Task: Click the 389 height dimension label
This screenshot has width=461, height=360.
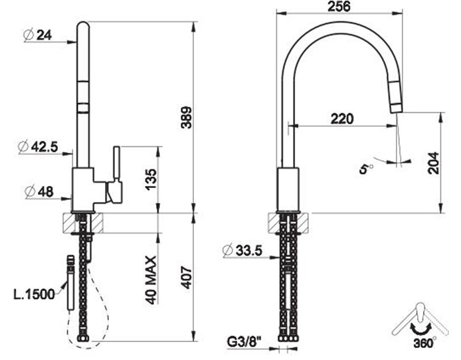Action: [187, 118]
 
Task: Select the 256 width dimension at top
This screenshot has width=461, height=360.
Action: [339, 7]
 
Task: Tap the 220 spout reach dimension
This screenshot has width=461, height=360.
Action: [342, 119]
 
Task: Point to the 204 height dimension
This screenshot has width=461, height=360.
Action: [433, 163]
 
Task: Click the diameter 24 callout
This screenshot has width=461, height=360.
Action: [38, 35]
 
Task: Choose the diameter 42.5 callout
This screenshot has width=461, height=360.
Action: [38, 147]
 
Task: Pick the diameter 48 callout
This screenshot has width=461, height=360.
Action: [39, 192]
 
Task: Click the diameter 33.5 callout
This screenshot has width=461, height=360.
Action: [242, 250]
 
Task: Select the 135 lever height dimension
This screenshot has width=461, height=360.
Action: [151, 179]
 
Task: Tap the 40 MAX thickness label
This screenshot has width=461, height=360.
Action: [151, 280]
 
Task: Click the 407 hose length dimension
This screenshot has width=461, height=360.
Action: [187, 278]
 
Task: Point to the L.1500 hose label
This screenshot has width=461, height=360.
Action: [35, 294]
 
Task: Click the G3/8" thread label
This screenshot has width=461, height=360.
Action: [244, 342]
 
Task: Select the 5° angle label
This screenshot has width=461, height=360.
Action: [366, 169]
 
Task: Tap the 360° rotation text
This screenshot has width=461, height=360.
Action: [425, 343]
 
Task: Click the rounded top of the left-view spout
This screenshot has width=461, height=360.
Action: [82, 25]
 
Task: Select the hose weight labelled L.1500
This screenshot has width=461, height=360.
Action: [70, 283]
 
